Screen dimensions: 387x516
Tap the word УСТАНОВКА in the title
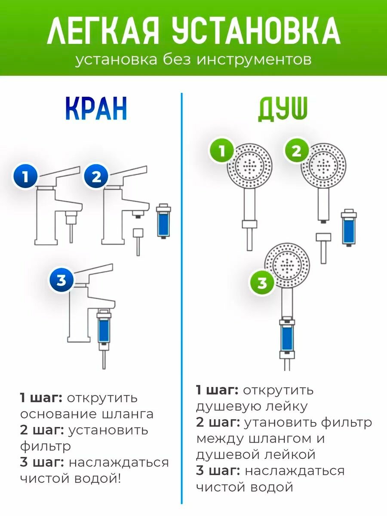coord(256,31)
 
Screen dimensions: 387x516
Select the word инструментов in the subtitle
coord(254,60)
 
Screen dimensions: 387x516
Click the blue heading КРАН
coord(96,109)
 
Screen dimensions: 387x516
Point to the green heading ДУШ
coord(283,109)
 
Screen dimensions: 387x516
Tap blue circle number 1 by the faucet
coord(26,177)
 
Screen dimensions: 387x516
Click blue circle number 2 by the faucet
coord(96,177)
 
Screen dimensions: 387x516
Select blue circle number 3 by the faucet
coord(62,280)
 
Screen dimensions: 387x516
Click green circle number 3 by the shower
coord(263,283)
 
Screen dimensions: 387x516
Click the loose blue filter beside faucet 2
coord(163,221)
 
